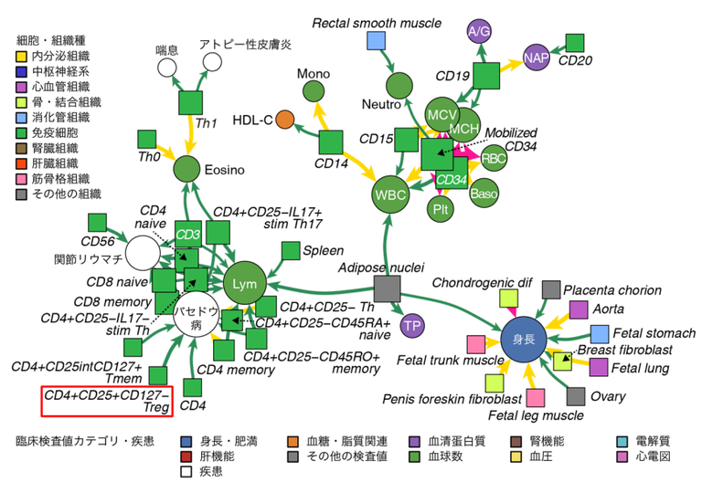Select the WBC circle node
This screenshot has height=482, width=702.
coord(391,194)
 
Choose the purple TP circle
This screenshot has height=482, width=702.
coord(412,324)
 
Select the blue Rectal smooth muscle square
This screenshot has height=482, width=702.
coord(375,40)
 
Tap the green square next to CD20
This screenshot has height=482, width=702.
coord(575,42)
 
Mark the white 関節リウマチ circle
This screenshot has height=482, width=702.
coord(143,255)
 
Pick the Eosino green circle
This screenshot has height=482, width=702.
coord(186,168)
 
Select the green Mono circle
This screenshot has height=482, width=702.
coord(314,91)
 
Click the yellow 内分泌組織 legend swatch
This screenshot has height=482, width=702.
coord(22,57)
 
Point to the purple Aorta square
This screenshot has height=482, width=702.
coord(579,309)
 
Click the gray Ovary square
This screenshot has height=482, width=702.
coord(576,396)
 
